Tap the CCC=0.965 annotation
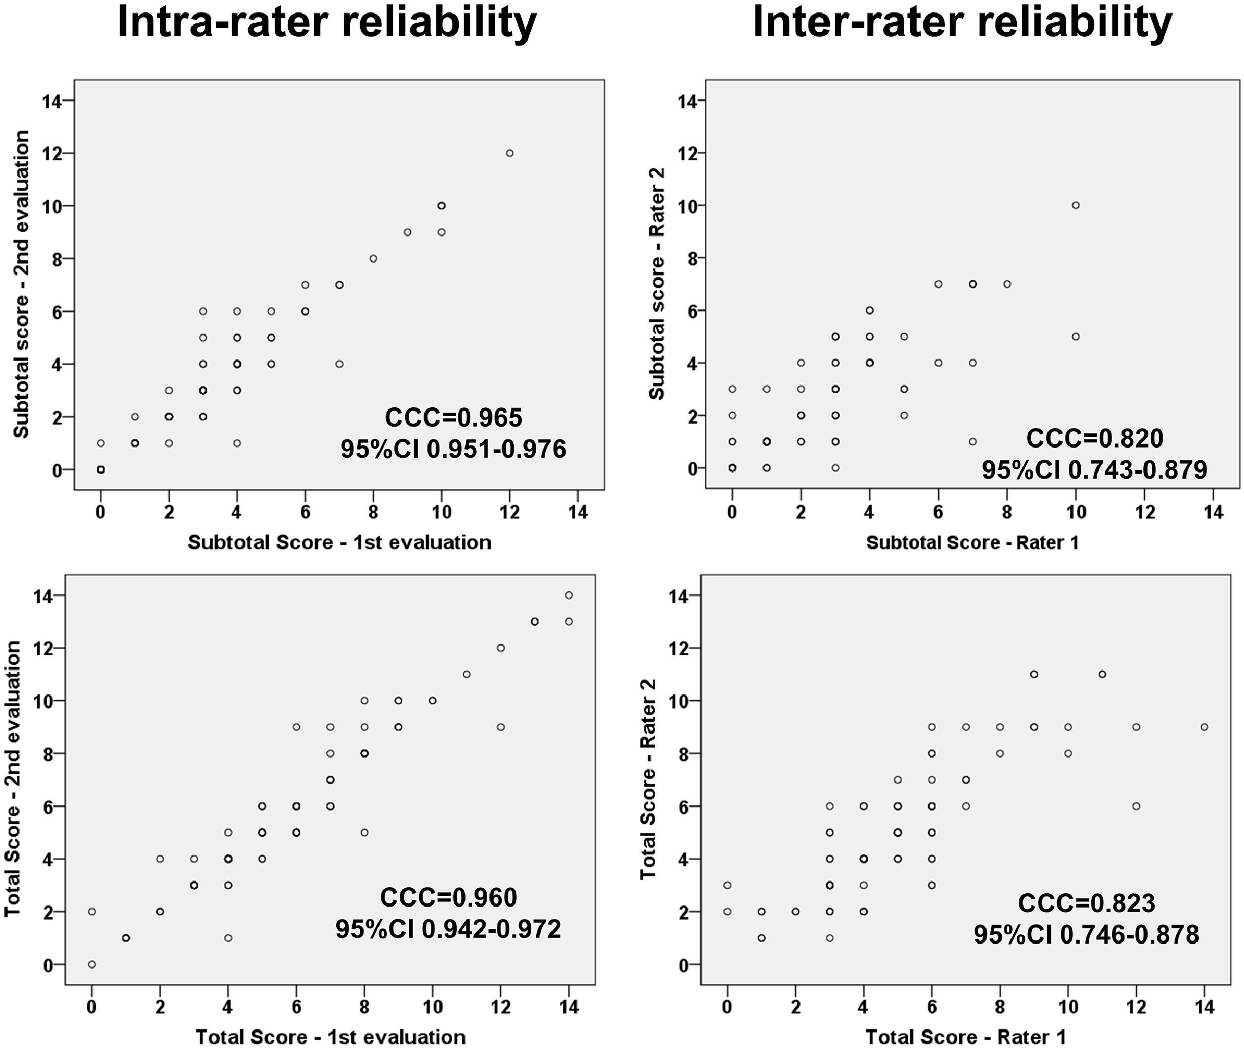(454, 418)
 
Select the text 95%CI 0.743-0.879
(1094, 470)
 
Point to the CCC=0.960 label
(448, 898)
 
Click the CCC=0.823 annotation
(1087, 904)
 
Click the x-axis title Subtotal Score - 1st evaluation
(340, 543)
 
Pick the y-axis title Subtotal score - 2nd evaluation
(21, 285)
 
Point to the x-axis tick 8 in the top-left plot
(373, 511)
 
